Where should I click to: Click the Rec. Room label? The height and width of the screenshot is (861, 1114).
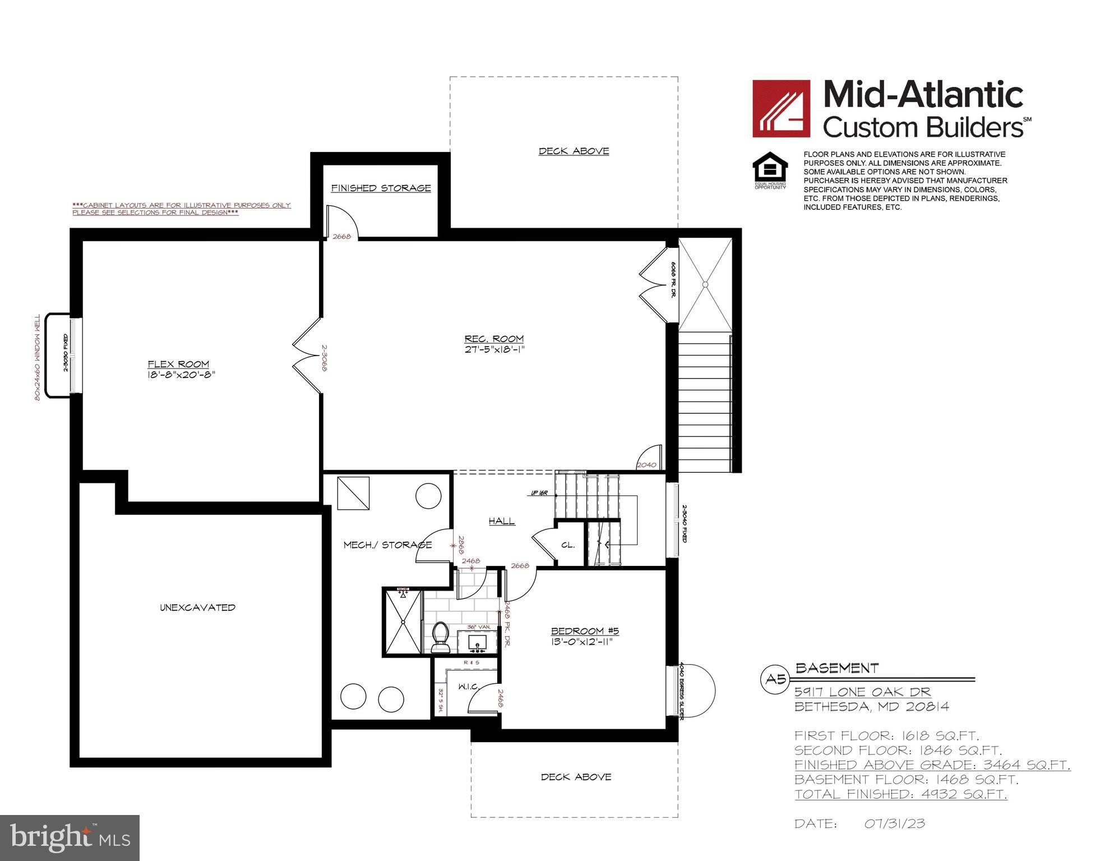494,339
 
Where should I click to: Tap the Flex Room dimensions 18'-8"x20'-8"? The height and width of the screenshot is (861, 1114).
178,375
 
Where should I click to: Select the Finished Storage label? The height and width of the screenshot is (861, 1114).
381,188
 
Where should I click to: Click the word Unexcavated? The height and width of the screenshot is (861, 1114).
197,607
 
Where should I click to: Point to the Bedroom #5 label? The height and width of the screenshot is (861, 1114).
585,630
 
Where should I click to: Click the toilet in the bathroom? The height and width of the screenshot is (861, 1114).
441,638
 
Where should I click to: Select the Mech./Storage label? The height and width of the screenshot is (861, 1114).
387,545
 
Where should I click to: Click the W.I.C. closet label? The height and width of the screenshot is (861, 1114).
468,687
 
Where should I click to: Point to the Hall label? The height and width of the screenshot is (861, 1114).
502,521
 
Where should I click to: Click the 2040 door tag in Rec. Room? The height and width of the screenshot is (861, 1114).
646,465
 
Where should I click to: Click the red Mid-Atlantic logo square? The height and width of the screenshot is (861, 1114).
781,108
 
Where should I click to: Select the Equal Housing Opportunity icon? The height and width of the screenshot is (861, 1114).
770,170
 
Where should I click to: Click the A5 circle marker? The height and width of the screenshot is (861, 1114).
776,680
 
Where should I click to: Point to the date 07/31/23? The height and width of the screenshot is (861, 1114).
894,824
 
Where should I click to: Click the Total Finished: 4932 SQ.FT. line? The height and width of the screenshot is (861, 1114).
900,794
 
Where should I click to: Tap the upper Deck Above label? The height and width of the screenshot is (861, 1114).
574,151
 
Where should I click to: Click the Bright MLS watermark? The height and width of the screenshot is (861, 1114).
70,838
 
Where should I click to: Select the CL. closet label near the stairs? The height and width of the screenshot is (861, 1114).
567,545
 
